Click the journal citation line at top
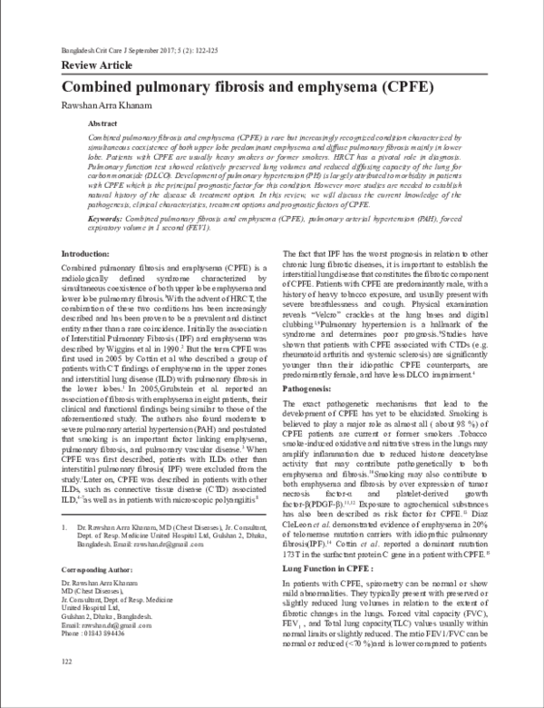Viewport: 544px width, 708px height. tap(145, 51)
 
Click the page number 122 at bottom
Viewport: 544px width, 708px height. tap(66, 688)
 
